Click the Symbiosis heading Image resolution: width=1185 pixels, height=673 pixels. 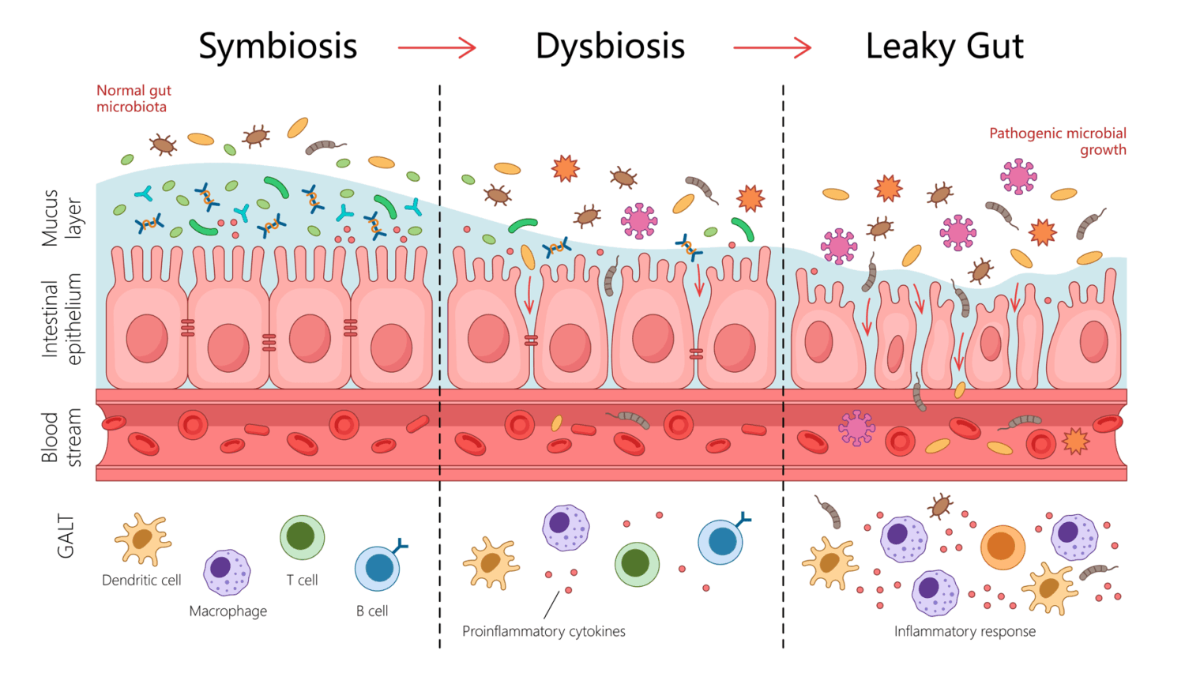(x=277, y=47)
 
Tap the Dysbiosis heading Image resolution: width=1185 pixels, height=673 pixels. (x=610, y=47)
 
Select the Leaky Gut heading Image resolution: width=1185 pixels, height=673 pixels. (x=944, y=47)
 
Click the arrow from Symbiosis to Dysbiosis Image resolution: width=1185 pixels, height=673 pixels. (x=437, y=48)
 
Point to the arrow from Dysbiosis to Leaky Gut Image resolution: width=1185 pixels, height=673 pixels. (x=772, y=48)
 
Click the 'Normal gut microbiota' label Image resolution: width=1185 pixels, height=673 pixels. (x=134, y=99)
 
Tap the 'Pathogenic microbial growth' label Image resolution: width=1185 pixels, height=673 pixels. (x=1058, y=141)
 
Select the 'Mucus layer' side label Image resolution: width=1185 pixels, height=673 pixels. (x=62, y=218)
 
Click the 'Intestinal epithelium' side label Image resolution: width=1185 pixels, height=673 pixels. (x=62, y=319)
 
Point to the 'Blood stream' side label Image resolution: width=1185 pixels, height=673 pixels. (x=62, y=438)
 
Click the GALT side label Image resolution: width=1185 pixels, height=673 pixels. (x=66, y=536)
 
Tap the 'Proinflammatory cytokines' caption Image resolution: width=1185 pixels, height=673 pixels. (x=544, y=631)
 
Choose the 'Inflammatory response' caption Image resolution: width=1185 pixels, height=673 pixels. (x=965, y=631)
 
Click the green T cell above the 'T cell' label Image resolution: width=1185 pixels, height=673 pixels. (x=302, y=537)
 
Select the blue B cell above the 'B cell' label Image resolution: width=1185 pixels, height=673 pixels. (x=378, y=568)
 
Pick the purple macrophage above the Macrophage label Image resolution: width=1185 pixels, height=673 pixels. (x=227, y=572)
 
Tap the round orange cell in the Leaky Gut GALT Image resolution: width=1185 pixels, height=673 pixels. (x=1003, y=547)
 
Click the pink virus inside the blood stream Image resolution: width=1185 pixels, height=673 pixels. (x=856, y=428)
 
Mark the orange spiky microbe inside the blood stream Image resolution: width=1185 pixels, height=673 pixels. (x=1075, y=441)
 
